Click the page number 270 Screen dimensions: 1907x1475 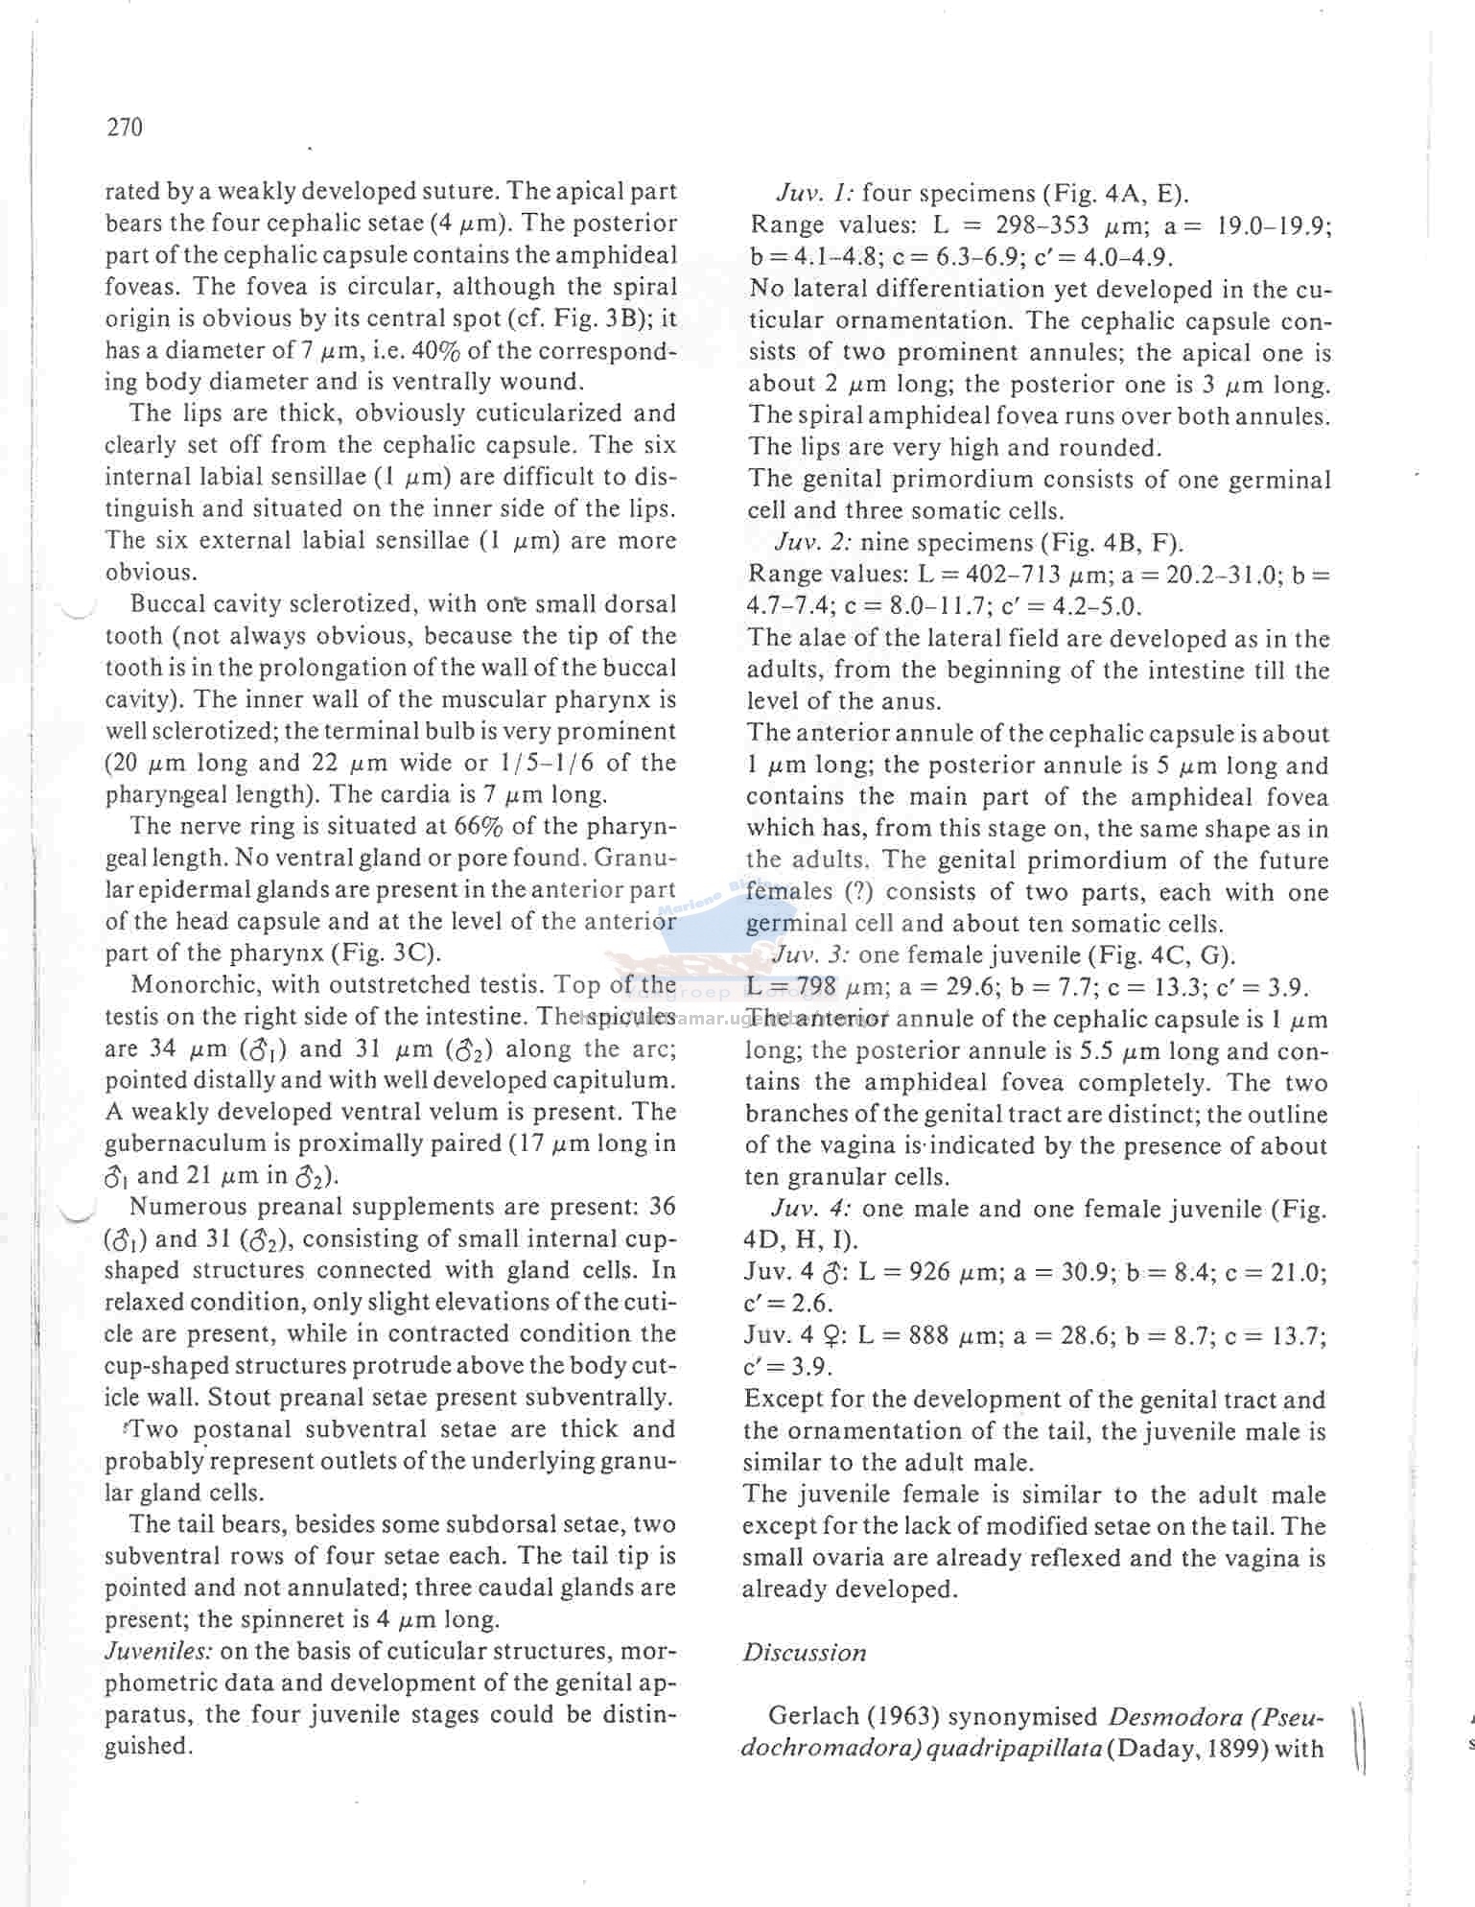[x=125, y=128]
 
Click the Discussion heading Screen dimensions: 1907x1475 [x=804, y=1652]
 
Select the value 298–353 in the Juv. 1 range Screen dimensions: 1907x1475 [x=1042, y=225]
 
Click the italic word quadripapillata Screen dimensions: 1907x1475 [x=1013, y=1748]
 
